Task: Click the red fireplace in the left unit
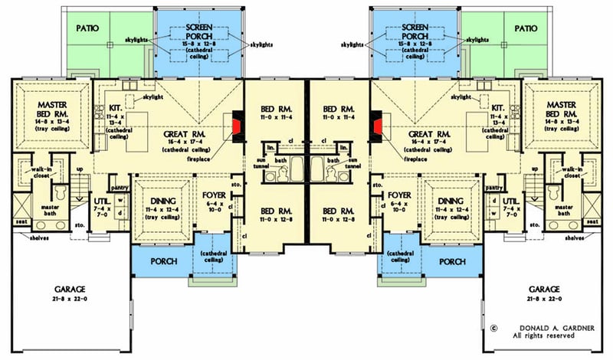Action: (x=237, y=125)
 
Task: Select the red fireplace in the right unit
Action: (x=376, y=125)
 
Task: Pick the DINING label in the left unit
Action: (x=161, y=201)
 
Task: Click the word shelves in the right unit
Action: (x=575, y=237)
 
